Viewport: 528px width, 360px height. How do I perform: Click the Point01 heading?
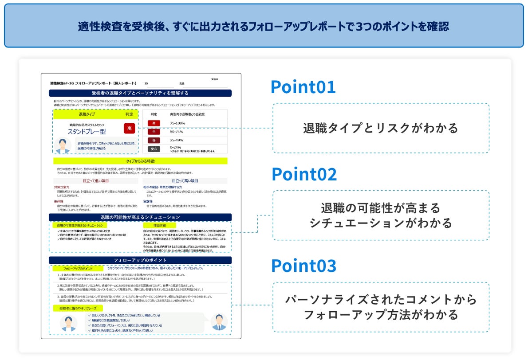(x=303, y=87)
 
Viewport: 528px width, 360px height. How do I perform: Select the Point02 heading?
(x=304, y=175)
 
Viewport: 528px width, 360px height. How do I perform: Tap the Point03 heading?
(x=303, y=266)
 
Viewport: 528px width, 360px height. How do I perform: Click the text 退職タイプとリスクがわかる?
(x=380, y=129)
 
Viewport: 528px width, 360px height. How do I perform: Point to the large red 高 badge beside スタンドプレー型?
(x=129, y=129)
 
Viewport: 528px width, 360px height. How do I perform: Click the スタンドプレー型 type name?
(x=87, y=132)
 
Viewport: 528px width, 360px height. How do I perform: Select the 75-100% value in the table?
(x=177, y=123)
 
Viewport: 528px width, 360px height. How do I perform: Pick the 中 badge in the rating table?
(x=154, y=132)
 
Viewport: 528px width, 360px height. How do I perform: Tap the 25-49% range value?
(x=176, y=140)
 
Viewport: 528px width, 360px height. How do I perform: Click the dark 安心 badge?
(x=154, y=149)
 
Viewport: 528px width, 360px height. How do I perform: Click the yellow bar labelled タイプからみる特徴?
(x=140, y=161)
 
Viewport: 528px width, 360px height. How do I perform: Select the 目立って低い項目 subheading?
(x=95, y=181)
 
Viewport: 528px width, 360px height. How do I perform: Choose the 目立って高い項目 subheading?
(x=185, y=181)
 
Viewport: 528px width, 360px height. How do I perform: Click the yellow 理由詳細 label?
(x=159, y=226)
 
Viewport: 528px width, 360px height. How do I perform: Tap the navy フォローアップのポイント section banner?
(x=140, y=260)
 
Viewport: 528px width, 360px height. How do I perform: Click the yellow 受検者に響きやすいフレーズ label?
(x=78, y=308)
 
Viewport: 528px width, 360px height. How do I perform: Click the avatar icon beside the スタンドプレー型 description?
(x=63, y=145)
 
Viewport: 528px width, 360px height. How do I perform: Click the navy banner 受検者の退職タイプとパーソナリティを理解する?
(x=140, y=93)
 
